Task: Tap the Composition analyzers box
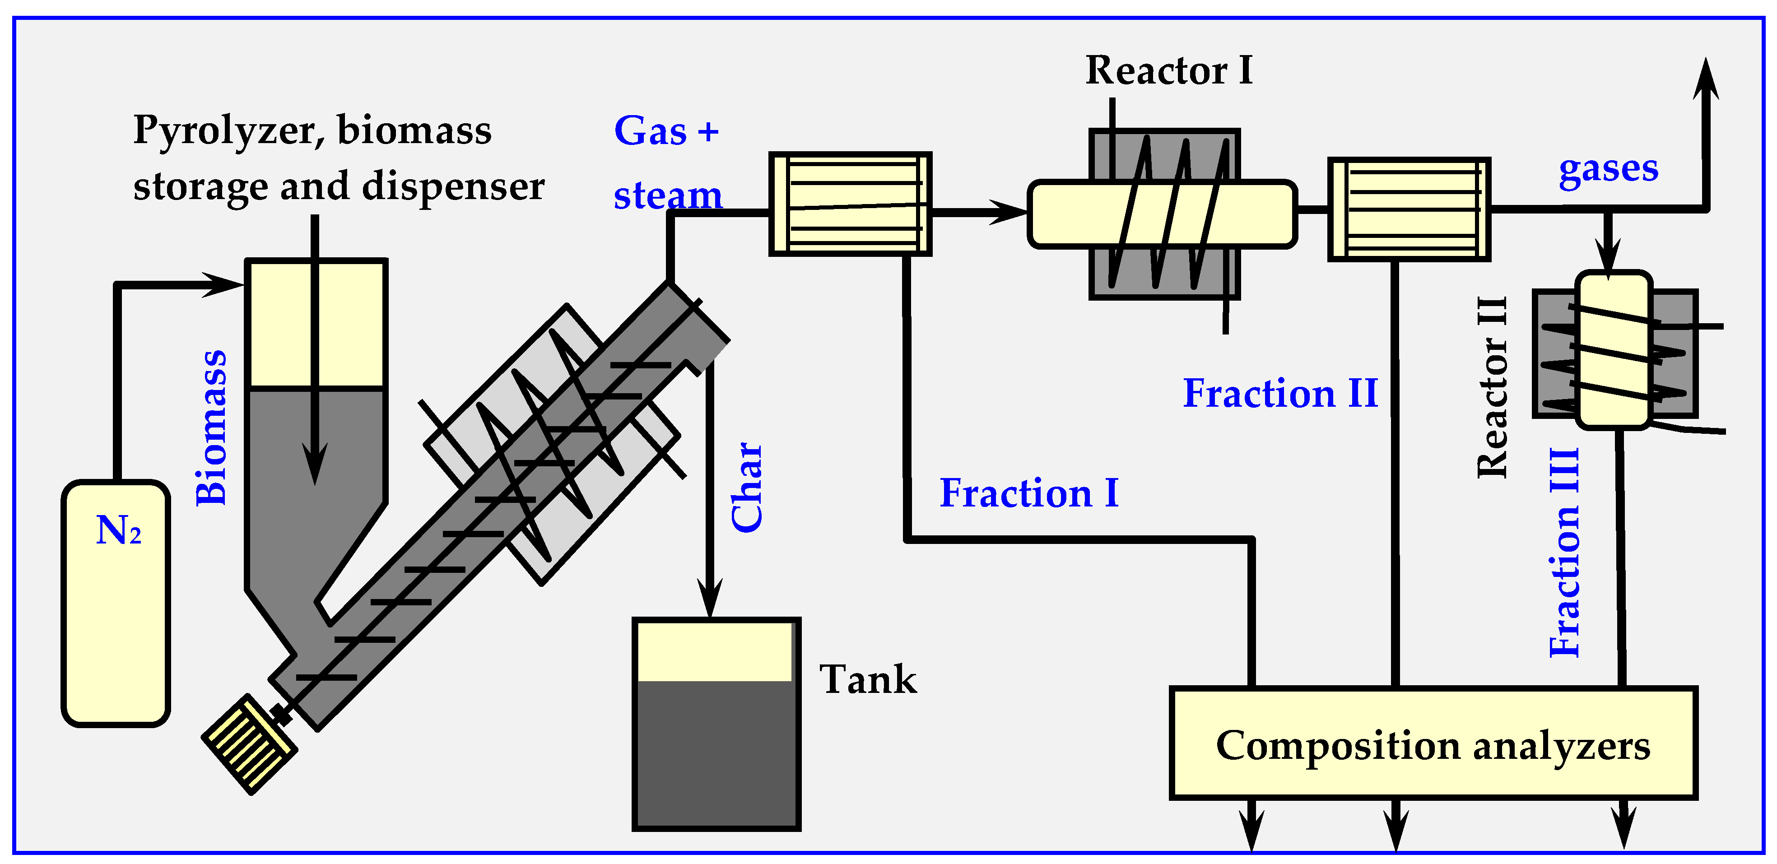point(1433,745)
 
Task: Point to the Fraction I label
point(1028,493)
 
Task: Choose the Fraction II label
point(1279,394)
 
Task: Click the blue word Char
point(747,488)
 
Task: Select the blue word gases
point(1608,169)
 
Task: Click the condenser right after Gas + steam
point(850,204)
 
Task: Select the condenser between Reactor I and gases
point(1409,209)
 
